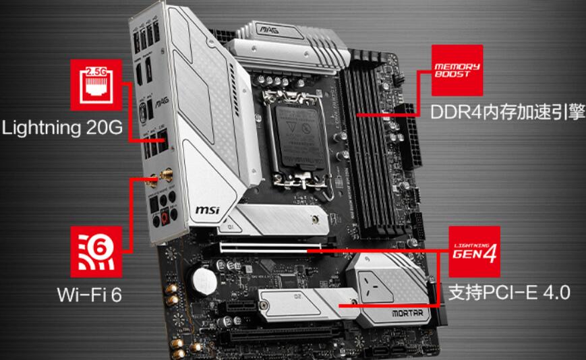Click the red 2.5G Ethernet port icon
point(95,85)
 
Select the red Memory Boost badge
point(457,70)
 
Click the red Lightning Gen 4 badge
point(475,251)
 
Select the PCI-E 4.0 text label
point(510,293)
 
